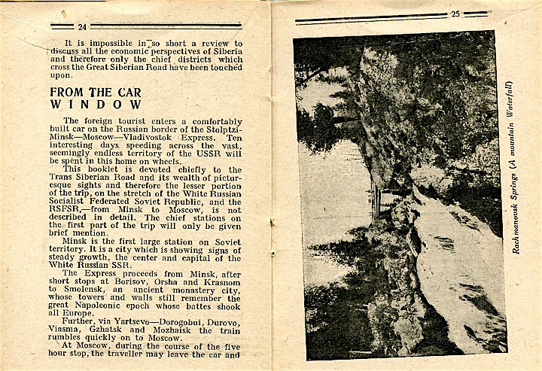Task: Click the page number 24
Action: point(82,26)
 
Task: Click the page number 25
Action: point(455,14)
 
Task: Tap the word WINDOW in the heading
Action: point(95,105)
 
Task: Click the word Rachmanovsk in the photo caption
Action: point(516,222)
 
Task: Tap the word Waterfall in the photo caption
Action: point(516,98)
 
